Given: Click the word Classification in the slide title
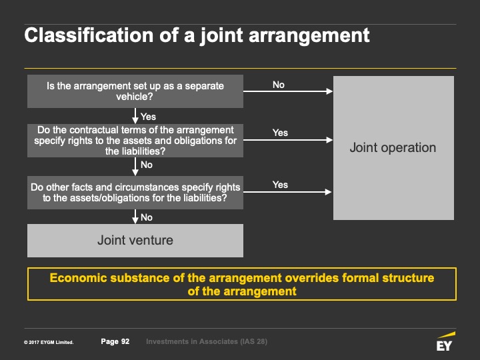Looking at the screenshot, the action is (x=89, y=35).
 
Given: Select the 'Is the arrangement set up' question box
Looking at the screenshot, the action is (x=135, y=91).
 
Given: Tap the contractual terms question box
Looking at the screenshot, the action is (x=135, y=141).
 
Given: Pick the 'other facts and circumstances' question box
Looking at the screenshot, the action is (x=135, y=193).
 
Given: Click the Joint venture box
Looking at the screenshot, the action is (x=135, y=241).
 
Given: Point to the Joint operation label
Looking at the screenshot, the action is (x=393, y=148).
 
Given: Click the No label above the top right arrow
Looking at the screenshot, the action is (x=279, y=85).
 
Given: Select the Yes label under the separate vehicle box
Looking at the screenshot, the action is (x=148, y=117).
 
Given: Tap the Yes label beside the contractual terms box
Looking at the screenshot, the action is (x=280, y=133).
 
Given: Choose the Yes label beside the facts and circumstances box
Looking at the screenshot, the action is (x=280, y=185).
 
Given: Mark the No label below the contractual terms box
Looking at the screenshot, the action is (x=147, y=165).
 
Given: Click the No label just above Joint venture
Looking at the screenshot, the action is (x=147, y=217).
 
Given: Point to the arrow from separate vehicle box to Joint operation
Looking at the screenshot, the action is (x=288, y=91).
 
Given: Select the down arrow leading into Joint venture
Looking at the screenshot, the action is (x=135, y=217).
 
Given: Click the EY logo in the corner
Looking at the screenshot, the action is (x=445, y=341).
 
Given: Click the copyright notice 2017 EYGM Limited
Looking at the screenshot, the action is (x=49, y=343).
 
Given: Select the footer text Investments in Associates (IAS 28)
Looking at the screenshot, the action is (x=207, y=341).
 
